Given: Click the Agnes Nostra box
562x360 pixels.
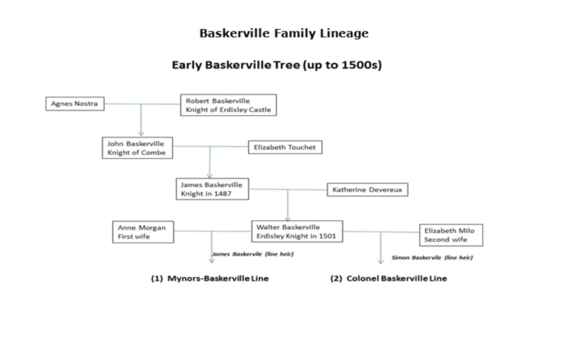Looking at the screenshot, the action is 75,104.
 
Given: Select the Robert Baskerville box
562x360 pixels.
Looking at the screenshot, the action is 229,105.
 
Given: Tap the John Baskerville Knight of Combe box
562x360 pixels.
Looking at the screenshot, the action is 137,148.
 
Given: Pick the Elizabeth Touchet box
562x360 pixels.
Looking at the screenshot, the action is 285,147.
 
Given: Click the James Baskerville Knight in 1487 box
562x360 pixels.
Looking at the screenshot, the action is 212,189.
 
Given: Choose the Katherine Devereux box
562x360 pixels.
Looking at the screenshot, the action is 367,190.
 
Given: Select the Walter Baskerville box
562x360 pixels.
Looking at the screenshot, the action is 297,231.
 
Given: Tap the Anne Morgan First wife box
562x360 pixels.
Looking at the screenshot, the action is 143,232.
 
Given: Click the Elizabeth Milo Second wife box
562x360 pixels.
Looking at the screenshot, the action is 451,235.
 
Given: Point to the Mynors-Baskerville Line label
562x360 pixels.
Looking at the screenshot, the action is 210,278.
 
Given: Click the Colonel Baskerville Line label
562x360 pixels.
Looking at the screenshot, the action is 388,278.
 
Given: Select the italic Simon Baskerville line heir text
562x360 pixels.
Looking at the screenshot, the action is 432,258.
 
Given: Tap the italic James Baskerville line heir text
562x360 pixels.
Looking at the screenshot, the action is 253,254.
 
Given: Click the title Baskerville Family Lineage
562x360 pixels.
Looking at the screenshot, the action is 284,33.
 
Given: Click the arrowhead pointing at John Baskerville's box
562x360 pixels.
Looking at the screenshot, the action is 141,134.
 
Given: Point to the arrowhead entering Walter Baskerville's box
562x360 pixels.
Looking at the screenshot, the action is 288,218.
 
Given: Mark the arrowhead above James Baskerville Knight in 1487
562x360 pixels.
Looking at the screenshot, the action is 210,175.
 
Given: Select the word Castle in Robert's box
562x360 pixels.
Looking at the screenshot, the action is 260,110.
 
